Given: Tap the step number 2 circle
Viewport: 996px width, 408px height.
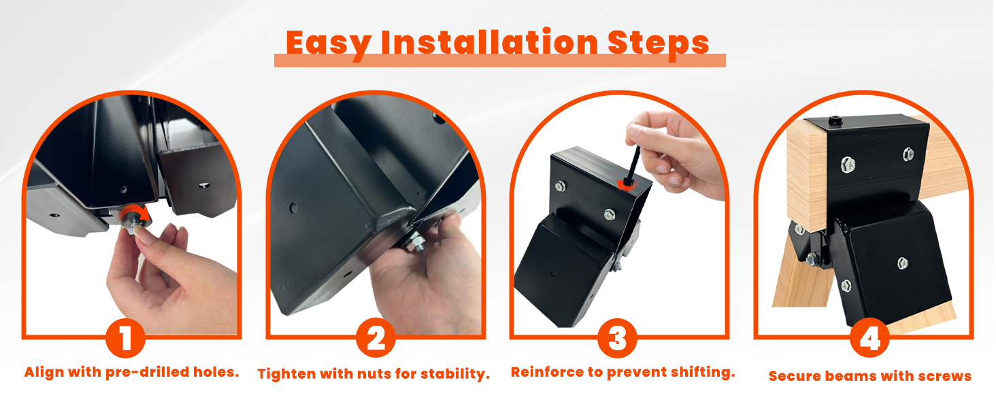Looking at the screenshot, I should click(375, 339).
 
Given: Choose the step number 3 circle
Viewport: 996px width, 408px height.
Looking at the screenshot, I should click(617, 339).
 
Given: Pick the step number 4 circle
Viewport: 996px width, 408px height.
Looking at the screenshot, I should click(869, 339).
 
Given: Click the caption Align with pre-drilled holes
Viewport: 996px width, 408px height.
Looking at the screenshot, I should click(132, 373).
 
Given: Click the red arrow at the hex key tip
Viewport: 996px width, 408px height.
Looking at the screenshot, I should click(622, 185).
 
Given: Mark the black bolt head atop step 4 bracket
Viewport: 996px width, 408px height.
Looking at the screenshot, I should click(835, 122).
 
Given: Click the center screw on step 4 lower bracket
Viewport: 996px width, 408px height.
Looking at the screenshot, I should click(902, 262).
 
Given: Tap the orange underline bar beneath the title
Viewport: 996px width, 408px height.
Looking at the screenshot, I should click(499, 61).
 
